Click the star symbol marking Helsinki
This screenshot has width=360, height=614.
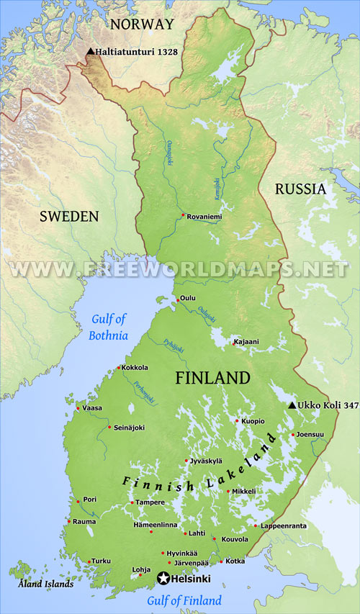click(x=163, y=578)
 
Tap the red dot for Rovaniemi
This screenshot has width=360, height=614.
click(x=184, y=215)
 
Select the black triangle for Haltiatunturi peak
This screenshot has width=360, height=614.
click(x=90, y=52)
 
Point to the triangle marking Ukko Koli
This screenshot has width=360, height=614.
click(x=292, y=406)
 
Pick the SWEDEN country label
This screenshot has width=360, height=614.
click(x=68, y=216)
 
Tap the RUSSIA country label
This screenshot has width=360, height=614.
click(x=300, y=189)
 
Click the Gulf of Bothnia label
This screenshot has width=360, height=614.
click(x=109, y=328)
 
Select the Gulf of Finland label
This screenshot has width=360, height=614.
click(x=184, y=600)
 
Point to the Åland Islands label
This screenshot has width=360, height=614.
click(x=46, y=584)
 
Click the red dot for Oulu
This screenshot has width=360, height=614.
click(x=177, y=300)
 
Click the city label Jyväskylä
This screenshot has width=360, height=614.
click(x=207, y=461)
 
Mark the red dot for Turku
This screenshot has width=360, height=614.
click(x=89, y=561)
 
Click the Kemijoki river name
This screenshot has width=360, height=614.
click(x=215, y=189)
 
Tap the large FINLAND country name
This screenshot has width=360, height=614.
click(x=213, y=378)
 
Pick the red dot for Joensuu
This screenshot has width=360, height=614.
click(x=292, y=434)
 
